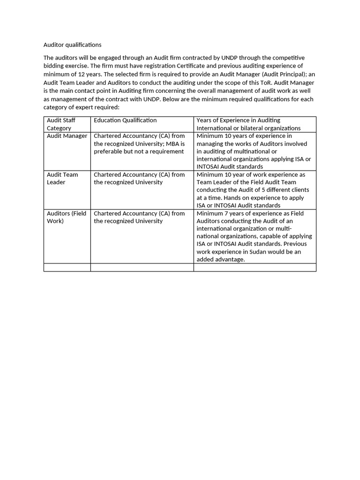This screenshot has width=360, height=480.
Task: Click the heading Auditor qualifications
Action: [72, 45]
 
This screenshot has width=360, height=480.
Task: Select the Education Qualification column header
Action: [125, 120]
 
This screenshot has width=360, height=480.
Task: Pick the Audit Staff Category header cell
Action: [61, 124]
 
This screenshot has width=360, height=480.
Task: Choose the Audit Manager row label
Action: [67, 136]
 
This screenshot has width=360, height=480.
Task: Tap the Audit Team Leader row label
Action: [62, 178]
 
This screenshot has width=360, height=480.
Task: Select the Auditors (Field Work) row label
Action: [66, 217]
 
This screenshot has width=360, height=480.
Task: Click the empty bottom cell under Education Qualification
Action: [142, 267]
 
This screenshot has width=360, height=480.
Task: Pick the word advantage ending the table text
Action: [229, 259]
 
